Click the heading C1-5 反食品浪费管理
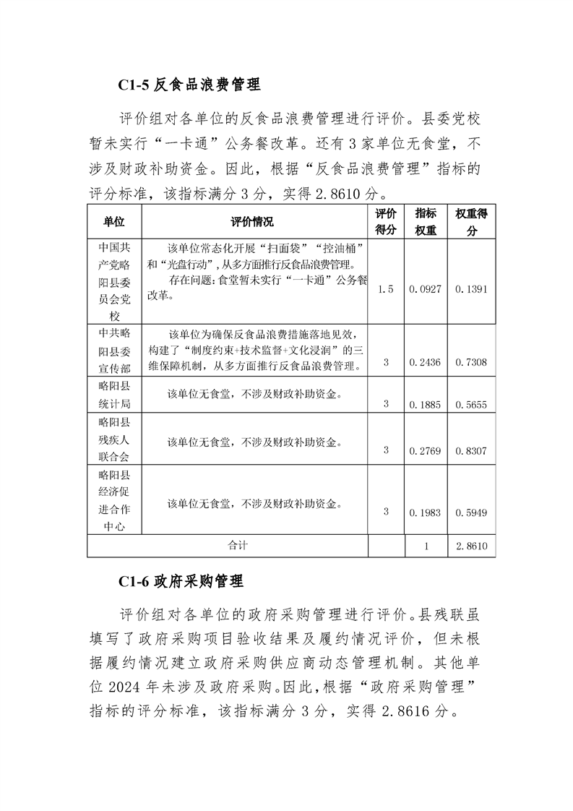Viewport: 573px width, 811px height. tap(189, 85)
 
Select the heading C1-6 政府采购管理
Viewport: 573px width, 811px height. tap(181, 580)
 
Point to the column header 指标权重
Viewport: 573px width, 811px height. tap(426, 222)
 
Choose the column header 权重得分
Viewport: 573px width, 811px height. tap(471, 222)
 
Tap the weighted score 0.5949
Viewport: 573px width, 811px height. tap(471, 512)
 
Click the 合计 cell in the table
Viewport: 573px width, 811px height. tap(237, 546)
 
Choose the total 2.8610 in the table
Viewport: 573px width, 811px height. tap(471, 547)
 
